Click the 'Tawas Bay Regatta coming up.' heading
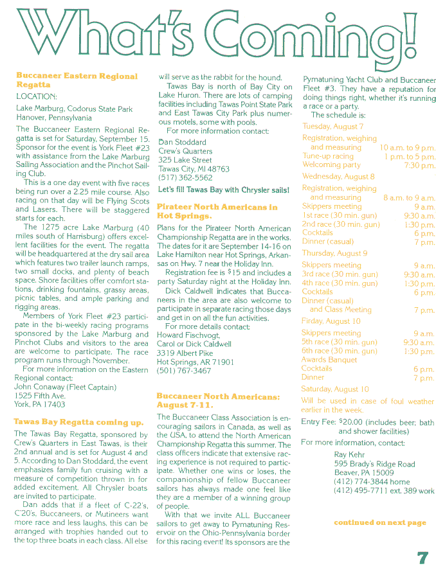[x=78, y=422]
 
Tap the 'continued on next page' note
[x=380, y=522]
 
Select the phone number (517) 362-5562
[x=185, y=178]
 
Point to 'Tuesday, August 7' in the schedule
[x=332, y=127]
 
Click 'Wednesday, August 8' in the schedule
[x=338, y=176]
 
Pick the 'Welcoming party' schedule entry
[x=331, y=165]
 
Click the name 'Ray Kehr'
[x=348, y=454]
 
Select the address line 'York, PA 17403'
[x=40, y=405]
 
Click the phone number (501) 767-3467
[x=184, y=371]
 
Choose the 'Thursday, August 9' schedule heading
[x=335, y=253]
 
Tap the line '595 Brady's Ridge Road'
[x=374, y=464]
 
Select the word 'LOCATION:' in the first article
[x=37, y=96]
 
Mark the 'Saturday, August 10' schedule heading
[x=335, y=389]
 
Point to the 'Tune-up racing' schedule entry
[x=328, y=156]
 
